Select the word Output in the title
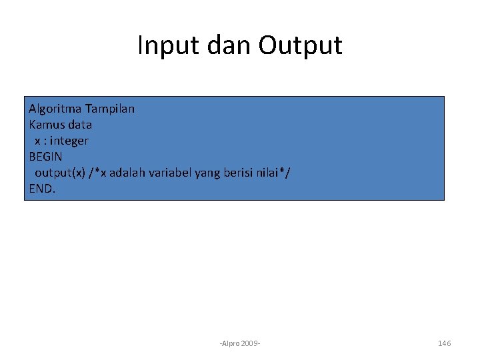[x=301, y=45]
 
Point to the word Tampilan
[x=110, y=108]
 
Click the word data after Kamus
[x=79, y=124]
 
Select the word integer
[x=69, y=141]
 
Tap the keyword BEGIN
[x=45, y=157]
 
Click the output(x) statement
[x=60, y=173]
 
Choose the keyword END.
[x=43, y=189]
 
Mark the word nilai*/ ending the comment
[x=275, y=173]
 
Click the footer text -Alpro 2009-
[x=240, y=343]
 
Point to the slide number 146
[x=444, y=343]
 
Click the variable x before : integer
[x=38, y=141]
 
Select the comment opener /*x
[x=97, y=173]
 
